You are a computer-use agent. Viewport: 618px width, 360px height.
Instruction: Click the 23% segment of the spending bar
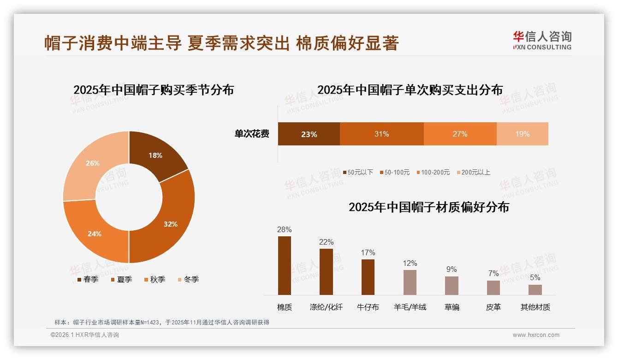point(309,134)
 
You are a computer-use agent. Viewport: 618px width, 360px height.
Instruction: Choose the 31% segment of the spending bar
point(381,134)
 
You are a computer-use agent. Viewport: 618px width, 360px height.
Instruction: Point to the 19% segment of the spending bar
point(522,134)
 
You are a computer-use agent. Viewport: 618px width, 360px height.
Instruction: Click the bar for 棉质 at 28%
point(285,265)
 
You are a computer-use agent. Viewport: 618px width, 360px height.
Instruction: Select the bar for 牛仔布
point(368,277)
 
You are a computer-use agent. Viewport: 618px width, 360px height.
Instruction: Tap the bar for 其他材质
point(535,289)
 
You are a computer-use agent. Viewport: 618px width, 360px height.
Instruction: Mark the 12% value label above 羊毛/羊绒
point(410,264)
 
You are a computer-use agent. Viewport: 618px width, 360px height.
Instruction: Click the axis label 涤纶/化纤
point(326,307)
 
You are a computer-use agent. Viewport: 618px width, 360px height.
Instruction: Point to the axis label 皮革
point(493,307)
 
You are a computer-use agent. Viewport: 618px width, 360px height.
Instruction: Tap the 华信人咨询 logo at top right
point(542,40)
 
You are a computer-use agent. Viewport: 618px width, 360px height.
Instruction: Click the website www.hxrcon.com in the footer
point(536,335)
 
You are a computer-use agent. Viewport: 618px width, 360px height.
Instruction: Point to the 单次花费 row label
point(252,134)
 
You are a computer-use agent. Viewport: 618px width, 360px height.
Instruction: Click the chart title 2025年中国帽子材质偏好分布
point(429,207)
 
